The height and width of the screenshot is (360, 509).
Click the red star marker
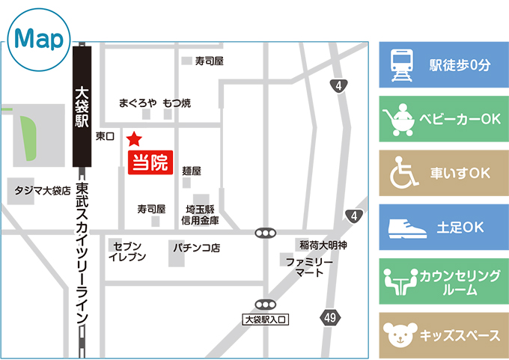click(x=134, y=138)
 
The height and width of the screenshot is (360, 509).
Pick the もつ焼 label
click(x=177, y=103)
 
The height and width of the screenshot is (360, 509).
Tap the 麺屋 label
click(x=192, y=171)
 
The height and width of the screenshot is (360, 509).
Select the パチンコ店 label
click(x=197, y=246)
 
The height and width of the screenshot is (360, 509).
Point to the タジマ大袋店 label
click(x=43, y=192)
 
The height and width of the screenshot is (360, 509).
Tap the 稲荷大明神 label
click(x=323, y=245)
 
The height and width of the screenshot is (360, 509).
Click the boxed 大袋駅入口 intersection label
click(x=266, y=319)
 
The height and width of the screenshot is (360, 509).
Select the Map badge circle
click(x=37, y=40)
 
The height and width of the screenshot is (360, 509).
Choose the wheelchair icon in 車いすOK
click(x=402, y=174)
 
